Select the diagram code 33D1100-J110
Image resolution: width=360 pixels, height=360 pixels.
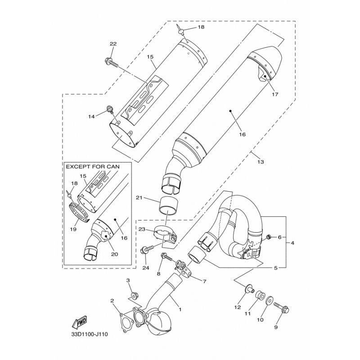pos(90,334)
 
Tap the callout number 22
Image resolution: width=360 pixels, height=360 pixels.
pos(113,44)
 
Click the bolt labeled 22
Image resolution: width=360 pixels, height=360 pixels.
pos(111,63)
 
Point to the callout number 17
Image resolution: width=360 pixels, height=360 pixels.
pos(275,94)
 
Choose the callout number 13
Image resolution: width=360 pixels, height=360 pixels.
pos(261,162)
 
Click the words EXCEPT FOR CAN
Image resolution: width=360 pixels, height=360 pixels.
pos(93,166)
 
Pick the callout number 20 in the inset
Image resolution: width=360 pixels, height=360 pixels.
pos(115,254)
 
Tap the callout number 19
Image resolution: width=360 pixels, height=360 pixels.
pos(73,229)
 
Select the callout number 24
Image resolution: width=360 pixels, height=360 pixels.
pos(146,268)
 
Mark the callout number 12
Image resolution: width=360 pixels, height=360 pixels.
pos(237,307)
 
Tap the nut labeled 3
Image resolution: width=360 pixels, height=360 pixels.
pos(133,295)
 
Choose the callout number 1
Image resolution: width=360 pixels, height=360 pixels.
pos(180,310)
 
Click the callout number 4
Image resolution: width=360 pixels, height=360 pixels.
pos(292,243)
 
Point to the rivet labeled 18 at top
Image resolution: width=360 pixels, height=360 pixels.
pos(180,30)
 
